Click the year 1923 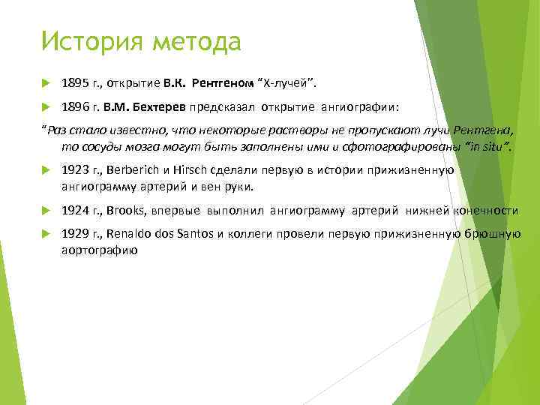(x=75, y=170)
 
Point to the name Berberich (x=134, y=170)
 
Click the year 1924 (x=75, y=211)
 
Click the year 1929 (x=75, y=235)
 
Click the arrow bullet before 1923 (x=44, y=171)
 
